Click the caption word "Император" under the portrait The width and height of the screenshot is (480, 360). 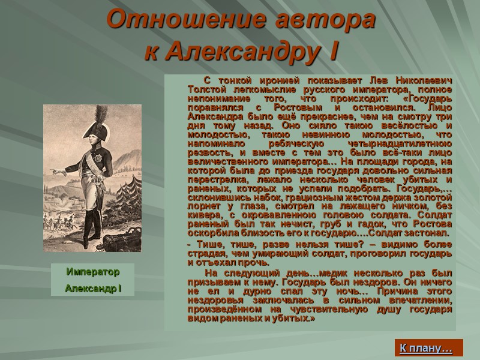click(93, 272)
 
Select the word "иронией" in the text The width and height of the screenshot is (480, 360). click(279, 81)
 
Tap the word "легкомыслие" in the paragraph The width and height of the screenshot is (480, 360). click(262, 89)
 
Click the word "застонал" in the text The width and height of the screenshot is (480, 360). click(425, 232)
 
